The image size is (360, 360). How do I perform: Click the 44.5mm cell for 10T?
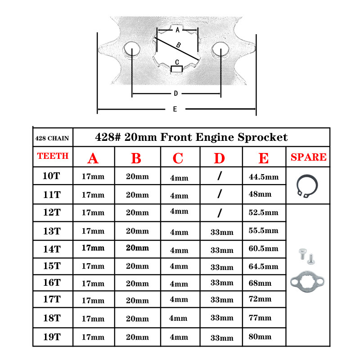pos(263,177)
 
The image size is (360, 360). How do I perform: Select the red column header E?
pos(264,158)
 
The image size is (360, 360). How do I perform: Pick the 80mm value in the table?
pos(260,336)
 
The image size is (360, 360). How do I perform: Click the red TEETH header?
pos(53,156)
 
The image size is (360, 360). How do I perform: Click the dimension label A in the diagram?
pos(177,30)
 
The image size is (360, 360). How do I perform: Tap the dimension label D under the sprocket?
pos(175,94)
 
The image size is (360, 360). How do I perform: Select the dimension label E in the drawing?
pos(175,109)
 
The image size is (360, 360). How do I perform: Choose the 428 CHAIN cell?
pos(52,138)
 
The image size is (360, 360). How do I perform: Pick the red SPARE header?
pos(308,157)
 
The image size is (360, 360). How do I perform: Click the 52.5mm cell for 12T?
pos(263,212)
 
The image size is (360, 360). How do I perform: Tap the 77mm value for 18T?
pos(260,318)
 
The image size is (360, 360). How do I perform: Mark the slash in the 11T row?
pos(219,194)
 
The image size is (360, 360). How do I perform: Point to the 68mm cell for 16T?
pos(260,283)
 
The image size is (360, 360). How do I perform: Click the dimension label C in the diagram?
pos(177,62)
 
